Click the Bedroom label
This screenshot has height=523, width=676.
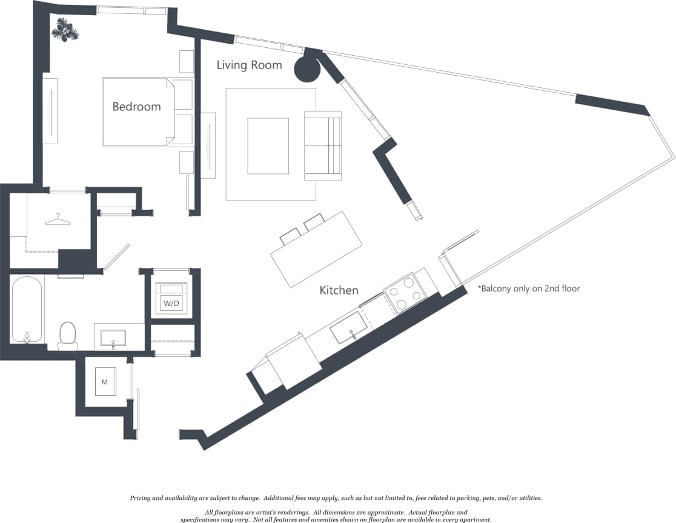point(136,107)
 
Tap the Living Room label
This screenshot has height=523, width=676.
point(249,65)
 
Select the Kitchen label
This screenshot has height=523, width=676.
point(339,290)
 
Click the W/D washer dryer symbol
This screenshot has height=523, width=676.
point(171,297)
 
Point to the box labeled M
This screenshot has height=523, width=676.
point(105,382)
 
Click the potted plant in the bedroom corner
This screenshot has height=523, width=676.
point(65,30)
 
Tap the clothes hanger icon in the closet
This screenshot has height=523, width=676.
point(58,220)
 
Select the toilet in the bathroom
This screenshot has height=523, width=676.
point(68,336)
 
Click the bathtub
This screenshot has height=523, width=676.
point(27,309)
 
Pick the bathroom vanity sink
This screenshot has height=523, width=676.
point(113,338)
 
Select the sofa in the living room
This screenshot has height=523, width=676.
point(323,145)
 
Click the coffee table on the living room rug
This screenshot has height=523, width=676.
point(268,146)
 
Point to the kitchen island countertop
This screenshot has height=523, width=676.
point(316,250)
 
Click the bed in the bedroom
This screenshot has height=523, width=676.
point(147,112)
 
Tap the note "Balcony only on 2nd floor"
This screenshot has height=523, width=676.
point(529,288)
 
